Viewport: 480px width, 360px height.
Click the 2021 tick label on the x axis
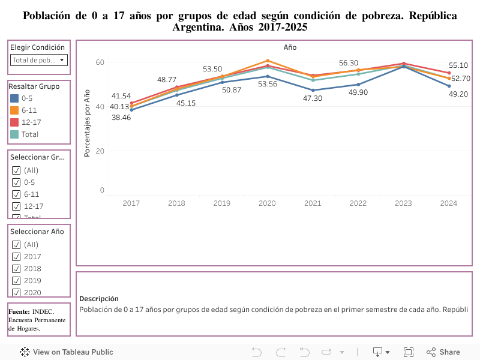(x=313, y=203)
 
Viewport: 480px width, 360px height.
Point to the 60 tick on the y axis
(x=100, y=62)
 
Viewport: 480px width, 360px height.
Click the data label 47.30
(x=313, y=98)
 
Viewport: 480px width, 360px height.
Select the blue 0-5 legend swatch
(x=14, y=98)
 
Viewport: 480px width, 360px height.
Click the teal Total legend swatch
(x=14, y=134)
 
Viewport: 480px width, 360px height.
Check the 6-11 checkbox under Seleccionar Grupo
(x=16, y=194)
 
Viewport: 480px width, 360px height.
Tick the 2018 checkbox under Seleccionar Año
(x=16, y=268)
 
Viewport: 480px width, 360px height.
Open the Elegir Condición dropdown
(x=39, y=60)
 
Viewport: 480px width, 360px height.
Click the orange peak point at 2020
(x=267, y=61)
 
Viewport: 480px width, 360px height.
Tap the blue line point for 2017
(x=131, y=110)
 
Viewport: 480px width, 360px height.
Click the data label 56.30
(x=349, y=63)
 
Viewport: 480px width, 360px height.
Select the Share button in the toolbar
(x=443, y=352)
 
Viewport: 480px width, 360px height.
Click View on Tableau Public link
(x=67, y=352)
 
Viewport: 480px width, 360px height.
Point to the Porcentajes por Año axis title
(x=87, y=123)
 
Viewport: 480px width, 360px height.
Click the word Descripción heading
(x=99, y=298)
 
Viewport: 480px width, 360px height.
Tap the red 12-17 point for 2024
(x=449, y=73)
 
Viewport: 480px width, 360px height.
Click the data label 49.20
(x=459, y=94)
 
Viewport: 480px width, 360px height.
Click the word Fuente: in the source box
(x=19, y=311)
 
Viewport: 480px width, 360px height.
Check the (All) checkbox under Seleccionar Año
(x=16, y=244)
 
